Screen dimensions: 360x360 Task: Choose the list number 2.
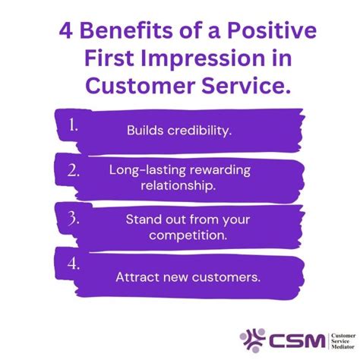(x=74, y=170)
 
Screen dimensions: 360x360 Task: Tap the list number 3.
(x=75, y=220)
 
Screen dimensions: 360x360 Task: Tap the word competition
(x=188, y=235)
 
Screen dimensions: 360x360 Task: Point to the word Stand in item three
(x=143, y=219)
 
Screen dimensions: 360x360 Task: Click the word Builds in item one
(x=144, y=130)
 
